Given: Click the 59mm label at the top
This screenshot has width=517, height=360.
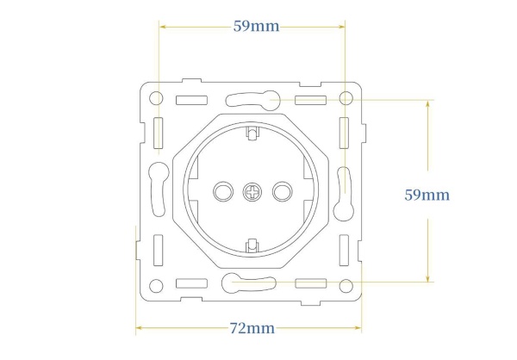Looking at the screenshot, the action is point(256,27).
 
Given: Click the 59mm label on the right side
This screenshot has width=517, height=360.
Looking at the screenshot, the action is point(427,195).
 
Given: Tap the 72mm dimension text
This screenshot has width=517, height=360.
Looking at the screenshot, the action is point(252,328).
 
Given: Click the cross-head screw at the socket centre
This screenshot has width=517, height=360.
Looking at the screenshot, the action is point(252,192).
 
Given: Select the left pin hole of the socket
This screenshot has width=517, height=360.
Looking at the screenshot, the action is point(223,191).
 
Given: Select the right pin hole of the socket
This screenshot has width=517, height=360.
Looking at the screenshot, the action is point(283,191).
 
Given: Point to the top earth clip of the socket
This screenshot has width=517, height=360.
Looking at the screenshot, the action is point(252,133).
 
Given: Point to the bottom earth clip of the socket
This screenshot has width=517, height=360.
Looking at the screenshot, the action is point(252,245).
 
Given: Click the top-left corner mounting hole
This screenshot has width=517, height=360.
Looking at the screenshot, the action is point(156,98).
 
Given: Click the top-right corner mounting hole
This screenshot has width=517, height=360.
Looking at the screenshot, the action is point(346,98).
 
